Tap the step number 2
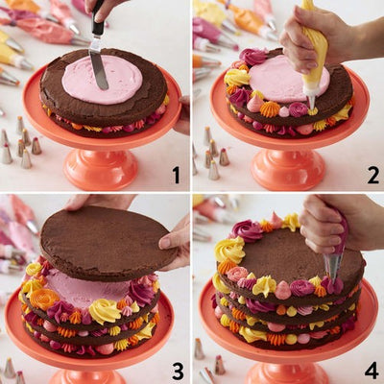click(x=372, y=175)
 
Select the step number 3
click(x=178, y=371)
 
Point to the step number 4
click(x=372, y=371)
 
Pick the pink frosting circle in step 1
click(x=102, y=79)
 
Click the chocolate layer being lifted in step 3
click(x=108, y=243)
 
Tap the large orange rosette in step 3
click(x=44, y=299)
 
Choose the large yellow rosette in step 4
click(x=229, y=250)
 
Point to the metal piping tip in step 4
click(x=333, y=267)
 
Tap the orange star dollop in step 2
click(x=270, y=108)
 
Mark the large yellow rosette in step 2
click(x=237, y=77)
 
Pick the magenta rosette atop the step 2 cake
click(x=252, y=57)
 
